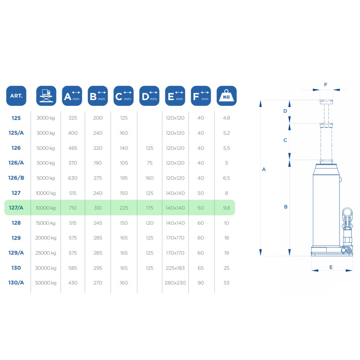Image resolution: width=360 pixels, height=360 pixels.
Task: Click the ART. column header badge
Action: click(16, 96)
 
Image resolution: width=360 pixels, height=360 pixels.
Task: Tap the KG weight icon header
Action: click(226, 96)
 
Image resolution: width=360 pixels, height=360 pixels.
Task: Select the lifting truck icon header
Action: click(46, 96)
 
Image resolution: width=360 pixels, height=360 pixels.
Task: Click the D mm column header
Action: click(149, 96)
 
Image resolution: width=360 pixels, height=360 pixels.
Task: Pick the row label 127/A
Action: click(16, 208)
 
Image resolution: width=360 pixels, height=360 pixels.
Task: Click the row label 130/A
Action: click(16, 283)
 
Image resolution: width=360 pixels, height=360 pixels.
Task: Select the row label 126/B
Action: click(16, 178)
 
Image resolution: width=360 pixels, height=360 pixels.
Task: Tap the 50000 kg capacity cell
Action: click(46, 283)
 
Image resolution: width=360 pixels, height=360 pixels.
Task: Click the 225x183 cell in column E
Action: click(175, 268)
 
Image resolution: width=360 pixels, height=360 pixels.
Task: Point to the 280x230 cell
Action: click(175, 283)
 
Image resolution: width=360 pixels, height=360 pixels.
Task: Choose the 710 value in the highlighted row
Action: click(73, 208)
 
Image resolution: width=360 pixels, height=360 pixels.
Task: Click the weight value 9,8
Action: click(226, 208)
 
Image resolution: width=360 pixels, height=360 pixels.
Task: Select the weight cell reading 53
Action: click(226, 283)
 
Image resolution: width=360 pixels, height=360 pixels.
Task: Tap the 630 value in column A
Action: click(73, 178)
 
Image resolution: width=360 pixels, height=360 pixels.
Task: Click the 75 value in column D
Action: click(149, 163)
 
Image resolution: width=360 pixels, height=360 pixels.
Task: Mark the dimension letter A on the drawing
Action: click(264, 170)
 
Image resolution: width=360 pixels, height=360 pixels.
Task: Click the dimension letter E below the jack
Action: click(331, 267)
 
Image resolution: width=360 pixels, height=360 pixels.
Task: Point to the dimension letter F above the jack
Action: click(325, 85)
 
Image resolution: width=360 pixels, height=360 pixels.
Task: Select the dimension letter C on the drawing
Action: click(285, 140)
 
